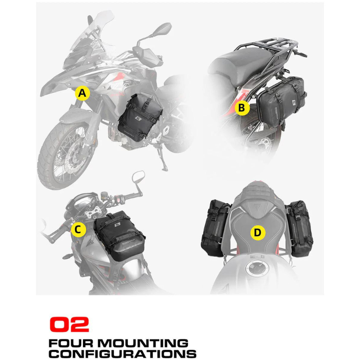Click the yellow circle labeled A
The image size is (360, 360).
82,93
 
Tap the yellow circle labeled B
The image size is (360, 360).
242,108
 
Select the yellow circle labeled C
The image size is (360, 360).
78,229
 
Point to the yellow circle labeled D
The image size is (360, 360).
258,233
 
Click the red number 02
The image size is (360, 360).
69,324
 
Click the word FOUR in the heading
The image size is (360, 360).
71,344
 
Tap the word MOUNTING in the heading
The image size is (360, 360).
143,344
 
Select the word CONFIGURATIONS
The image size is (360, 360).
122,354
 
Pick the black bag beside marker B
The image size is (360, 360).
281,101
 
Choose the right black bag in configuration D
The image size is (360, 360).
299,228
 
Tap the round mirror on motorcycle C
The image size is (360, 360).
138,176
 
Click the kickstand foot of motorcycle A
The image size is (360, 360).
164,169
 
